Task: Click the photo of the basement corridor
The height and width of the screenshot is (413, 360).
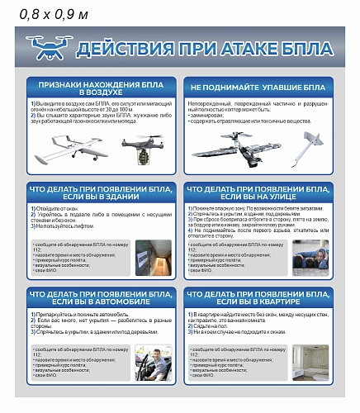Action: click(154, 258)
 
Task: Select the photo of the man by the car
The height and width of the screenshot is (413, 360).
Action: click(154, 362)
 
